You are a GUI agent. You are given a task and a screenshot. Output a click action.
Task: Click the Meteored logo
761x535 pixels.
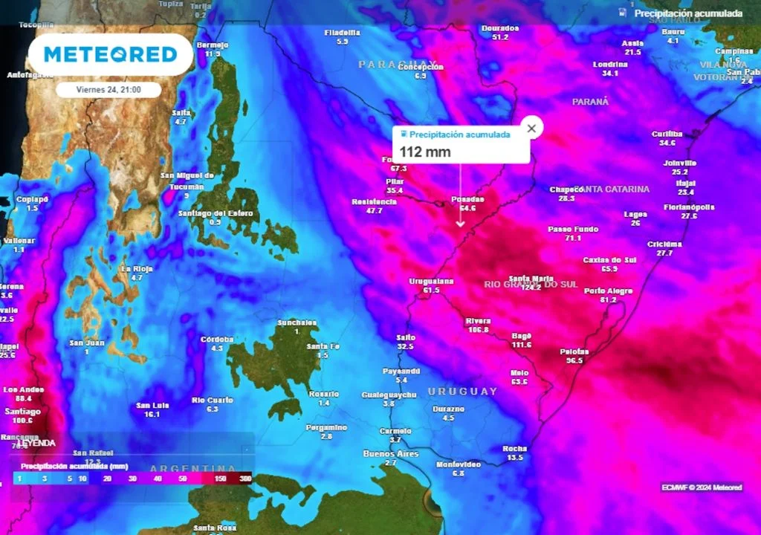pos(110,54)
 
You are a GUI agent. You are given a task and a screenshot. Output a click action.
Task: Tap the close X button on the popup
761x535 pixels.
pos(531,128)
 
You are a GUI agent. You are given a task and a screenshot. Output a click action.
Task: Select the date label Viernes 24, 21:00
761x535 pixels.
pos(109,89)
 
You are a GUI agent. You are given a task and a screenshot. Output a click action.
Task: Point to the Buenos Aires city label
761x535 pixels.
pos(391,453)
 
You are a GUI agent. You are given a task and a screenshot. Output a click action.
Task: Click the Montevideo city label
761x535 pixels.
pos(458,464)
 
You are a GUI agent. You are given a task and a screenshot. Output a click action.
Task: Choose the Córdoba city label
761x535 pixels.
pos(217,339)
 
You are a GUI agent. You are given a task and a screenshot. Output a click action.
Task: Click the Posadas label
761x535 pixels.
pos(467,199)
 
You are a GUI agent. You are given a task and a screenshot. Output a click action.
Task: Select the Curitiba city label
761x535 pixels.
pos(667,134)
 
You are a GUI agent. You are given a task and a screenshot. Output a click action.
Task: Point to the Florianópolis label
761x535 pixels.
pos(689,207)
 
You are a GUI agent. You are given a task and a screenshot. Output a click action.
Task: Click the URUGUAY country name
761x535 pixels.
pos(462,392)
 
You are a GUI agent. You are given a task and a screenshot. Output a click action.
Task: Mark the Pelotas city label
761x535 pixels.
pos(574,351)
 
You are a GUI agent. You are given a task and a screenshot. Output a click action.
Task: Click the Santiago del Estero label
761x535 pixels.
pos(216,213)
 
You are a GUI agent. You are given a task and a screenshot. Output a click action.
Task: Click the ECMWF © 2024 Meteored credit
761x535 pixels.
pos(702,487)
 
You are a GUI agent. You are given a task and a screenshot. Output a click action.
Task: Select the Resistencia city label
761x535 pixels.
pos(374,201)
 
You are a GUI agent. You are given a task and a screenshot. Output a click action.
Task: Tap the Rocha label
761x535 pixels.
pos(515,448)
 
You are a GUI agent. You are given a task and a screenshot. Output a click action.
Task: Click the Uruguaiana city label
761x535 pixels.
pos(431,281)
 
